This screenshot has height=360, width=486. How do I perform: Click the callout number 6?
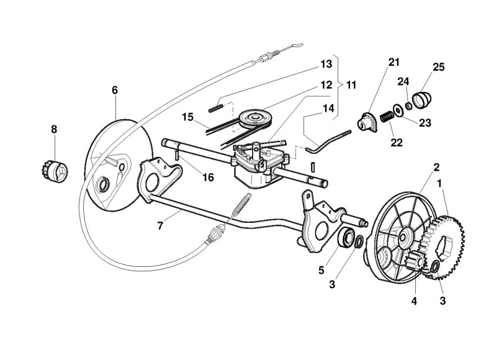click(115, 90)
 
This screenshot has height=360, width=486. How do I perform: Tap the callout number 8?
click(54, 130)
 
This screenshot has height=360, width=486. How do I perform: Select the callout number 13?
click(326, 64)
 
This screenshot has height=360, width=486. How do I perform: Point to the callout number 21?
click(394, 62)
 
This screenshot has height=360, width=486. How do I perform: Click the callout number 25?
click(439, 66)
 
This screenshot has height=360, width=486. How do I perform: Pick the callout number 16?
click(208, 178)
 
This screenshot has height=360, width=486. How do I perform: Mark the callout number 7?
click(160, 226)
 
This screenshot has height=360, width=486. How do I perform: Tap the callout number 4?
click(414, 301)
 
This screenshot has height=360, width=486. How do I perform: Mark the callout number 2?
click(436, 167)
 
